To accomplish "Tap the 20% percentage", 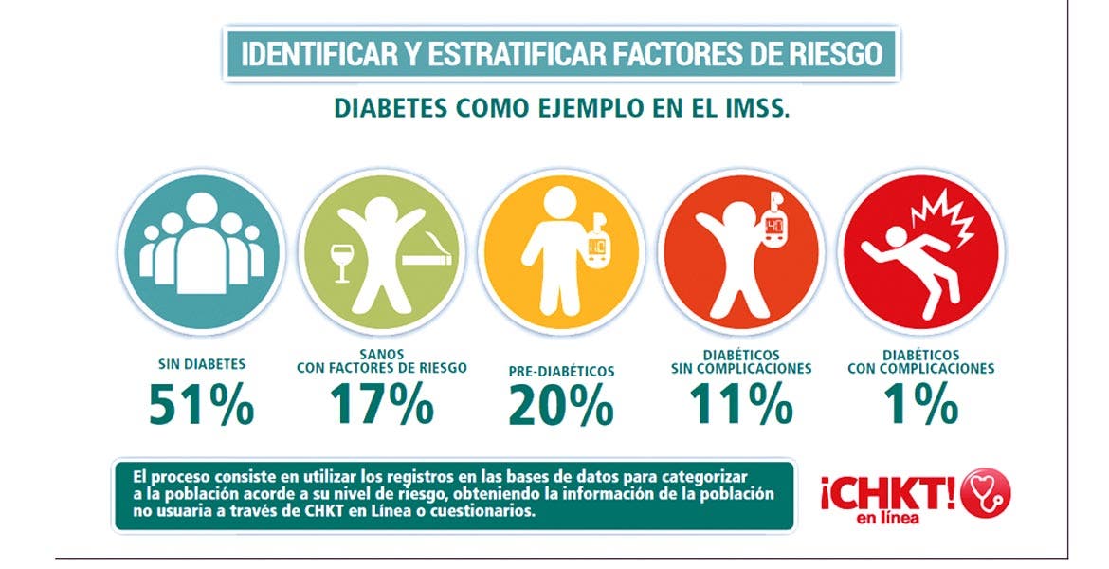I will coord(561,405).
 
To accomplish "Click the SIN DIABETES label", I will coord(202,363).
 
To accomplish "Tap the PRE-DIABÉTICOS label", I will coord(561,371).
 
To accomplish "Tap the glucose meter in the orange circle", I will coord(774,228).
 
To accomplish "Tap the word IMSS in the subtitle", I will coord(754,107).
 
